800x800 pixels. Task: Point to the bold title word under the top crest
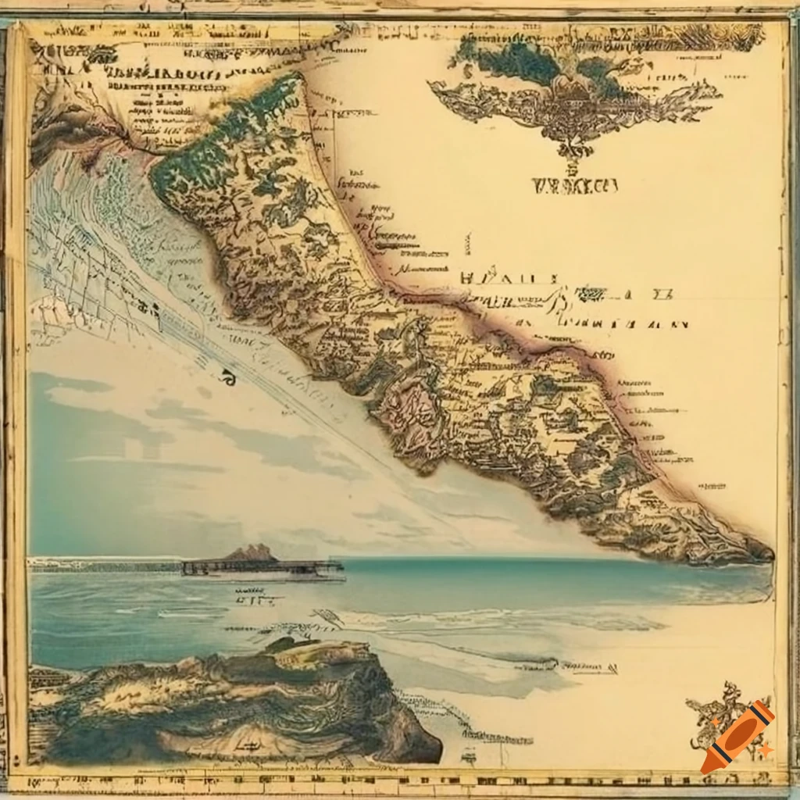click(x=574, y=186)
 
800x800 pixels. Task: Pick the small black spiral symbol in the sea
click(x=228, y=378)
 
